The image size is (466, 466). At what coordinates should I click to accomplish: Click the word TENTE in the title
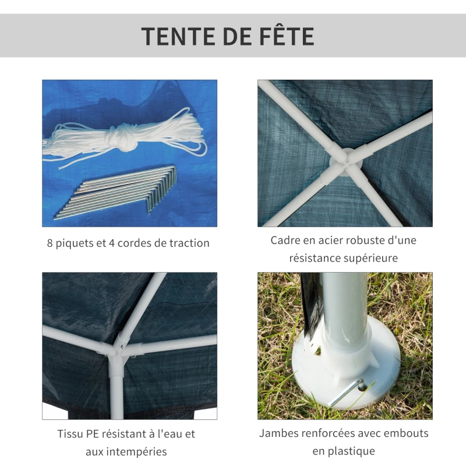click(x=178, y=36)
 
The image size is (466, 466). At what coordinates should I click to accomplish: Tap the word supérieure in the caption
click(x=370, y=257)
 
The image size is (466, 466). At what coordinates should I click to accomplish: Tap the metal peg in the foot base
click(x=347, y=393)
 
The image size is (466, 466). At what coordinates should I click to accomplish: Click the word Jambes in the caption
click(x=281, y=433)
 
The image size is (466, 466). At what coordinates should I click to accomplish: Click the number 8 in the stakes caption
click(x=50, y=243)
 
